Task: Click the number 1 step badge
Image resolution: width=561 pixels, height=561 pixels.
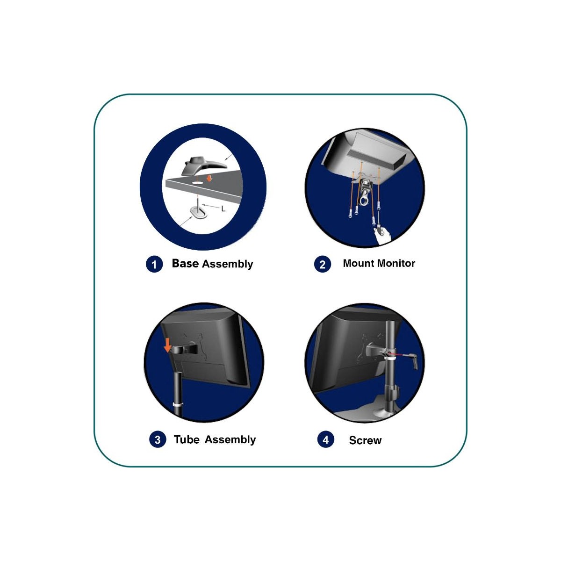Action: tap(154, 264)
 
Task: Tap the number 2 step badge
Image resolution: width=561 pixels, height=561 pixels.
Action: tap(322, 264)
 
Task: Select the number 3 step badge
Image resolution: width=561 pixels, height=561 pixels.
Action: tap(158, 439)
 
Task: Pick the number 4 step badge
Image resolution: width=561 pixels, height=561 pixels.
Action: tap(326, 439)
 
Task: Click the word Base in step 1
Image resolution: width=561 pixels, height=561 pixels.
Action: tap(185, 263)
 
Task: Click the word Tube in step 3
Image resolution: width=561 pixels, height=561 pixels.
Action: tap(187, 439)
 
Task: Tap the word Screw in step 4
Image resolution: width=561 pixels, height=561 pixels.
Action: tap(365, 440)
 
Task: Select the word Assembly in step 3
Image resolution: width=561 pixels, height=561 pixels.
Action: tap(230, 440)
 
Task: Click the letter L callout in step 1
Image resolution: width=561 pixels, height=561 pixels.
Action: tap(223, 209)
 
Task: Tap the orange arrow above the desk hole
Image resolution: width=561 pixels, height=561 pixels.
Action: tap(209, 178)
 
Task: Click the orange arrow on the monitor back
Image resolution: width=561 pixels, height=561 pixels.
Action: tap(167, 345)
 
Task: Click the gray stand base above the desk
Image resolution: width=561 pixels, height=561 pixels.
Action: tap(203, 166)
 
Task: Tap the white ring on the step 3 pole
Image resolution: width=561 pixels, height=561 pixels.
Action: tap(178, 405)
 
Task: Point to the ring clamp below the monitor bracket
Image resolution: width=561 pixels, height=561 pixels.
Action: tap(364, 200)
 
